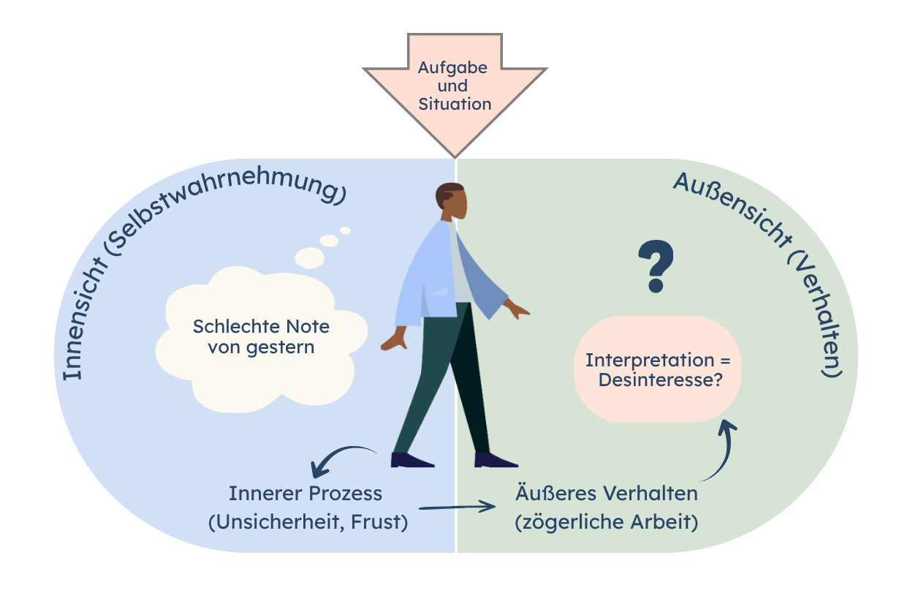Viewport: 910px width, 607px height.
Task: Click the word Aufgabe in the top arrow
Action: pyautogui.click(x=452, y=68)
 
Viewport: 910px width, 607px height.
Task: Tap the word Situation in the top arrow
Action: pyautogui.click(x=455, y=104)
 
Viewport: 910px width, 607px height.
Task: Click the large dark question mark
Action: pyautogui.click(x=656, y=266)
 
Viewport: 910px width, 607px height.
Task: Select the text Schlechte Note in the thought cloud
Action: pyautogui.click(x=261, y=326)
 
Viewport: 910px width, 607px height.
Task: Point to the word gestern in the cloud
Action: pyautogui.click(x=281, y=348)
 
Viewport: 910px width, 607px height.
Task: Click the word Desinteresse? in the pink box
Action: pyautogui.click(x=661, y=380)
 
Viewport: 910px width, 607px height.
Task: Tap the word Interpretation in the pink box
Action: pyautogui.click(x=650, y=361)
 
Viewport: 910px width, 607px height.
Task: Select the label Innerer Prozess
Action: pyautogui.click(x=306, y=494)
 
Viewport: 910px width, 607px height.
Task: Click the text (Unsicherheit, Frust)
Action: pyautogui.click(x=308, y=522)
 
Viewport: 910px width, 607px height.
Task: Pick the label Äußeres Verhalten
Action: pyautogui.click(x=607, y=493)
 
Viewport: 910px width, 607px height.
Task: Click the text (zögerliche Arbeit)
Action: pyautogui.click(x=607, y=522)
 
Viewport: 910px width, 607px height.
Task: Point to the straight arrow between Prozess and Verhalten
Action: pyautogui.click(x=457, y=507)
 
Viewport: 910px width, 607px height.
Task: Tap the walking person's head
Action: pyautogui.click(x=451, y=201)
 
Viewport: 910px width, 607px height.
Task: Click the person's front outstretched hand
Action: pyautogui.click(x=517, y=309)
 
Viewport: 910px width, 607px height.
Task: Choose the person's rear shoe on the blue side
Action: pyautogui.click(x=412, y=460)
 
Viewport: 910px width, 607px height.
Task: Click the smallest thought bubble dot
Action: pyautogui.click(x=345, y=230)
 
